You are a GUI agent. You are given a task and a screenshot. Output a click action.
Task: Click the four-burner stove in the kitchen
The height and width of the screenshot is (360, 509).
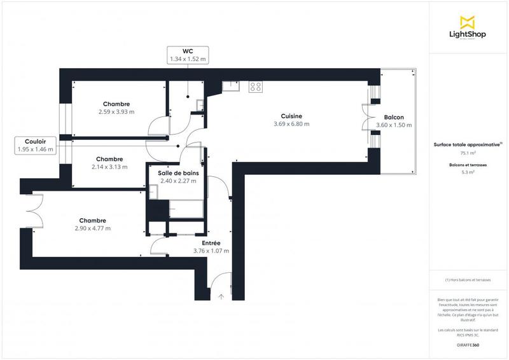point(256,87)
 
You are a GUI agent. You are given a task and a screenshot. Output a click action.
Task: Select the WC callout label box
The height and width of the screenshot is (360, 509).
point(187,55)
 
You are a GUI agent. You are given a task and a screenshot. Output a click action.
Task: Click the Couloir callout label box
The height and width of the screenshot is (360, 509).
point(36,145)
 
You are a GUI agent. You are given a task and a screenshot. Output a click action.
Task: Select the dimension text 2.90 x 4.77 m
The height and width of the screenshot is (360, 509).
point(92,228)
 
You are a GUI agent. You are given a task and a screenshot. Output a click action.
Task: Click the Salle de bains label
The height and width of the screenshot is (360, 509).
point(178,173)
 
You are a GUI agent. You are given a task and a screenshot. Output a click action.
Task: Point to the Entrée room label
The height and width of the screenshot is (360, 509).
point(211,243)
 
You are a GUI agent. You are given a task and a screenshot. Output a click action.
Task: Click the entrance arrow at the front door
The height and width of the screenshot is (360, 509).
point(221,296)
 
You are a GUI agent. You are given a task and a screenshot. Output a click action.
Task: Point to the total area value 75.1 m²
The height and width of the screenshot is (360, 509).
point(468,153)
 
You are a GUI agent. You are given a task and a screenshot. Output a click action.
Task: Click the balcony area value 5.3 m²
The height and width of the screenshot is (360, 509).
point(468,171)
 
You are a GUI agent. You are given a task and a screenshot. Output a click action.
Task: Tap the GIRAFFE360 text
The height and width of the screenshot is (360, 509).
point(468,344)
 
